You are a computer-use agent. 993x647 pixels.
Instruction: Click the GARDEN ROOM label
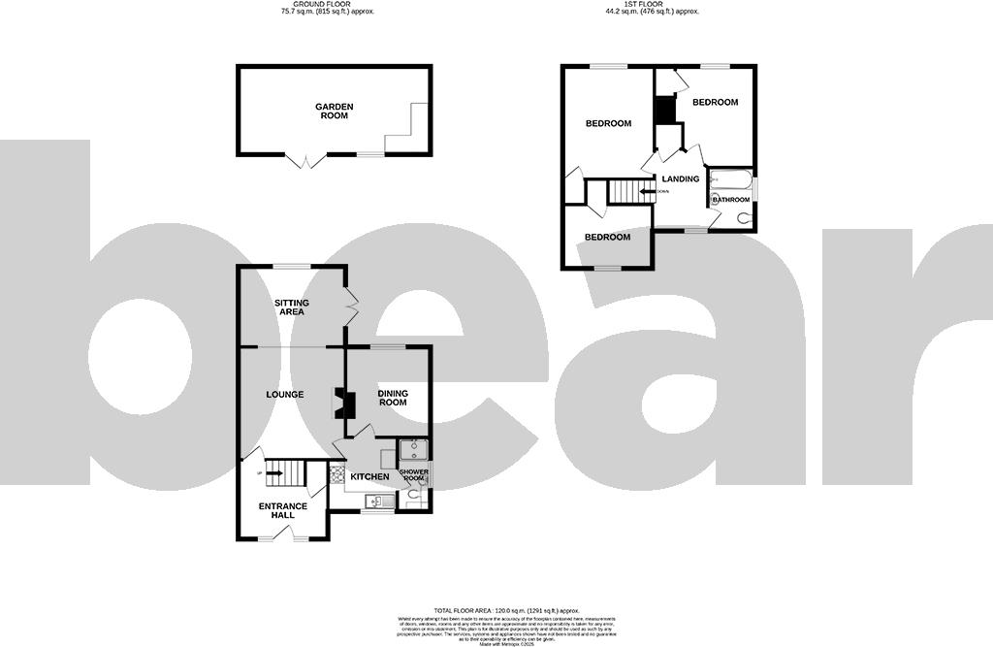pos(334,111)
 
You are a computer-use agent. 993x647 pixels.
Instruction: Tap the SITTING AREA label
pos(291,307)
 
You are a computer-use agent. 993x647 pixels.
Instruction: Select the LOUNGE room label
pos(286,394)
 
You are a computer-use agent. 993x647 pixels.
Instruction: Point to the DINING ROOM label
pos(393,397)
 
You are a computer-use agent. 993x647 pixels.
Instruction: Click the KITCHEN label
pos(369,476)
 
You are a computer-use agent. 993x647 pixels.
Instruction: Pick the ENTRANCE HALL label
pos(282,510)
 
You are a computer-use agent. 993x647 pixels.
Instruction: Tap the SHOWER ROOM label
pos(414,475)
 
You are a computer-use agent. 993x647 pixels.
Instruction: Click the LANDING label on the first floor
pos(680,178)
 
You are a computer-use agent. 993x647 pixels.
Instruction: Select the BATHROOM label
pos(732,200)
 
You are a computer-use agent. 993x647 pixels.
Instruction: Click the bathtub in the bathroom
pos(729,179)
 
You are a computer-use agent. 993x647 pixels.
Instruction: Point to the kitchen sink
pos(374,501)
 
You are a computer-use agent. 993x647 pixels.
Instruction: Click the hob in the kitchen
pos(337,475)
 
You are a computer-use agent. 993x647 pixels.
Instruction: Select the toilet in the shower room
pos(415,495)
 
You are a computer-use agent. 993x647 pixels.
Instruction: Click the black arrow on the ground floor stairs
pos(273,473)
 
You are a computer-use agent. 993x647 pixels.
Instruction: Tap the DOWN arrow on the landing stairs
pos(646,191)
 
